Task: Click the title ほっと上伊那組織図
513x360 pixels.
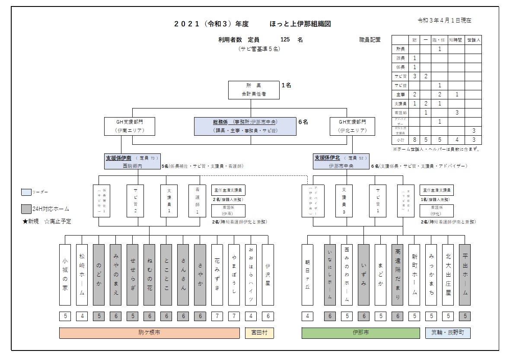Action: pyautogui.click(x=300, y=24)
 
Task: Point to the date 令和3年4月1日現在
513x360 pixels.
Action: pyautogui.click(x=444, y=20)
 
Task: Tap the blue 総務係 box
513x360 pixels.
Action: pyautogui.click(x=245, y=126)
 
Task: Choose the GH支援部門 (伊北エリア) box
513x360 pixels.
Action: pyautogui.click(x=352, y=126)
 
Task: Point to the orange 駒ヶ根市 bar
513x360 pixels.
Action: pyautogui.click(x=149, y=333)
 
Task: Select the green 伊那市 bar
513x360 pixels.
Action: pyautogui.click(x=360, y=333)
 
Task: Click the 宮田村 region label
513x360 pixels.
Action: pyautogui.click(x=259, y=333)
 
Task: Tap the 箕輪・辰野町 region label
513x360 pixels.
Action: pyautogui.click(x=448, y=333)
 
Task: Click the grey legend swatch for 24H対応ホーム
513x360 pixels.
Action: pyautogui.click(x=26, y=209)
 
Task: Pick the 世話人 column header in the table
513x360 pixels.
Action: pyautogui.click(x=473, y=40)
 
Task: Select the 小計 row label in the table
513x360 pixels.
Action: pyautogui.click(x=400, y=140)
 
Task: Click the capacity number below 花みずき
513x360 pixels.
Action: pyautogui.click(x=217, y=316)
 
